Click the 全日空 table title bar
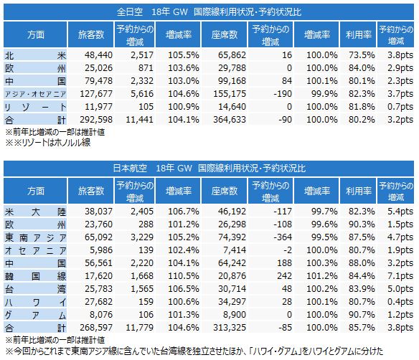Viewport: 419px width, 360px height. pyautogui.click(x=209, y=12)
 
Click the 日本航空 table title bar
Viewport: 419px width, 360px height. pyautogui.click(x=209, y=169)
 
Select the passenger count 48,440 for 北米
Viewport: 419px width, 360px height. pyautogui.click(x=98, y=55)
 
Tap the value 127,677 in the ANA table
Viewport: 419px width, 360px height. pyautogui.click(x=96, y=94)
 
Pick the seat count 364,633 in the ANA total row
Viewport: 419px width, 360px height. pyautogui.click(x=230, y=119)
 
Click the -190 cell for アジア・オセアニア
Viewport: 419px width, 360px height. pyautogui.click(x=283, y=94)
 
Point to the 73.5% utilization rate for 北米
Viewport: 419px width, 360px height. pyautogui.click(x=362, y=55)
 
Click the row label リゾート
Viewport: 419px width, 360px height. pyautogui.click(x=35, y=107)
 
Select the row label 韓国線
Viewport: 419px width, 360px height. pyautogui.click(x=35, y=276)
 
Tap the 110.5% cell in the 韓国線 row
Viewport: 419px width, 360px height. pyautogui.click(x=184, y=275)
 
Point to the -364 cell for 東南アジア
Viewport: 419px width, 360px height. pyautogui.click(x=283, y=237)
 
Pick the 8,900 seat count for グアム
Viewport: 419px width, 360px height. pyautogui.click(x=235, y=314)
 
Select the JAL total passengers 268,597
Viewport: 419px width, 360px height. pyautogui.click(x=96, y=327)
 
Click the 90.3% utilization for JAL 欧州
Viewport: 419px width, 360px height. pyautogui.click(x=362, y=224)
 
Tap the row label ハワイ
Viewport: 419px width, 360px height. pyautogui.click(x=35, y=302)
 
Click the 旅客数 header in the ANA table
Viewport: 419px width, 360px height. pyautogui.click(x=91, y=34)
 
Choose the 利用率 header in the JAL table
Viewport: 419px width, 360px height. pyautogui.click(x=359, y=191)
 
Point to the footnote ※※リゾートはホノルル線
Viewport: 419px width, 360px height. pyautogui.click(x=48, y=143)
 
